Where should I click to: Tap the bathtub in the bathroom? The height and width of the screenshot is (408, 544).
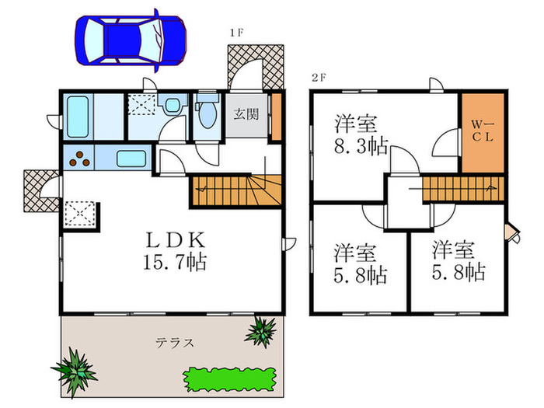point(78,117)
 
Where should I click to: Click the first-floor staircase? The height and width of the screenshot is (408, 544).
point(234,190)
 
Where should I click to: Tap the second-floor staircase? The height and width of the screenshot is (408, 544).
point(463,189)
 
